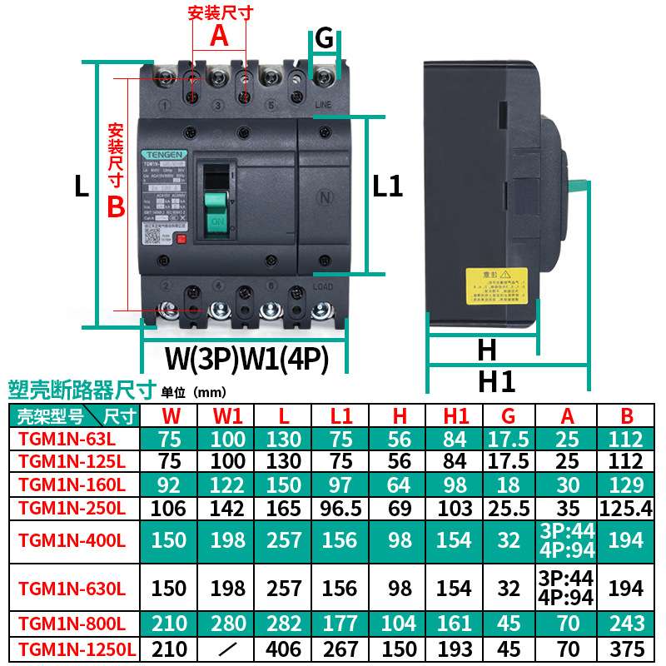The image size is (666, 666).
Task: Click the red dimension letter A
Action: [x=219, y=36]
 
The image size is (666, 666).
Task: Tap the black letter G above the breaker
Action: [x=325, y=38]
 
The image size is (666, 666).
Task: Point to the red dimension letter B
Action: [x=116, y=206]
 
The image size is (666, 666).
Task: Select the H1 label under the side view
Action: [x=496, y=381]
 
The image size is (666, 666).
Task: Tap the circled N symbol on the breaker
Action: [x=325, y=198]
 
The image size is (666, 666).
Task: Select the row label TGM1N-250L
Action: [x=72, y=507]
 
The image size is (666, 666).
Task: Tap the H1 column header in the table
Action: [x=454, y=415]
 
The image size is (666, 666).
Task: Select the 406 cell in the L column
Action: [x=284, y=649]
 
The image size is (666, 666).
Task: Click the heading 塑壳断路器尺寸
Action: [x=81, y=389]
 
